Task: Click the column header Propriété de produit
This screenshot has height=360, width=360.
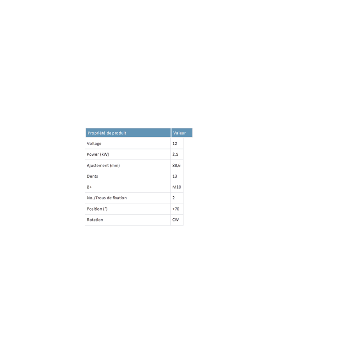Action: tap(107, 133)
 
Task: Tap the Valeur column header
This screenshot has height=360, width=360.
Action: tap(179, 133)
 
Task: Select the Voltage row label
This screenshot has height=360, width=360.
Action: tap(94, 144)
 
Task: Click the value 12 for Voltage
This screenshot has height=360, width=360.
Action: tap(175, 144)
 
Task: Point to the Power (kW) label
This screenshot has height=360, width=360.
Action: tap(98, 154)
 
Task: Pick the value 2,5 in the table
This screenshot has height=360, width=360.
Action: tap(175, 154)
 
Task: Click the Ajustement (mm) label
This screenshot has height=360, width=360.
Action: tap(103, 165)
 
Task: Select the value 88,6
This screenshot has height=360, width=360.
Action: tap(176, 165)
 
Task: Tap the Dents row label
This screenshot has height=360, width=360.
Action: tap(92, 176)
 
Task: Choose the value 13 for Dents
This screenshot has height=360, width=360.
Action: tap(175, 176)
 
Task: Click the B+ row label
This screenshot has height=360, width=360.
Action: tap(89, 187)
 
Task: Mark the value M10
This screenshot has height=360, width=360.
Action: tap(177, 187)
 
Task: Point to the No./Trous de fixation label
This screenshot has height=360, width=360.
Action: tap(107, 198)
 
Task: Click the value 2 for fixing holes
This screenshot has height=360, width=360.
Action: tap(174, 198)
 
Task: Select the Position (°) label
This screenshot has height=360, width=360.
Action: tap(97, 209)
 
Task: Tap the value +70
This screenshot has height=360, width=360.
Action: tap(175, 209)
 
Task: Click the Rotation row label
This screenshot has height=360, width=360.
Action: tap(95, 220)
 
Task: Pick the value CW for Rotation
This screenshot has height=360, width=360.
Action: tap(175, 220)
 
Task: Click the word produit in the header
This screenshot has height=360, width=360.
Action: tap(119, 133)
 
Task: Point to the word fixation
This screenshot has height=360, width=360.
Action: tap(120, 198)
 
